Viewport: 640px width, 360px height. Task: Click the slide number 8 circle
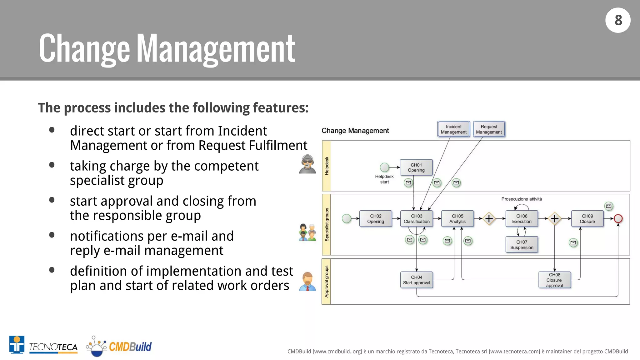click(x=618, y=20)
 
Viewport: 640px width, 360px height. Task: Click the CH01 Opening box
click(x=416, y=167)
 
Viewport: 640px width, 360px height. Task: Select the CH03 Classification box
click(x=417, y=219)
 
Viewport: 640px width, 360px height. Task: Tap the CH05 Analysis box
click(x=457, y=219)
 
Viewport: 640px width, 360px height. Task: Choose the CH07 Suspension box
click(x=522, y=245)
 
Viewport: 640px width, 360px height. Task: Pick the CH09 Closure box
click(x=587, y=219)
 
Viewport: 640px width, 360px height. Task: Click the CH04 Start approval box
click(x=417, y=280)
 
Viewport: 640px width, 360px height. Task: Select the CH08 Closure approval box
click(x=554, y=280)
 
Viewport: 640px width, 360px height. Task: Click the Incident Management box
click(x=453, y=129)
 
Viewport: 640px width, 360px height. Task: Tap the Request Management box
click(x=489, y=129)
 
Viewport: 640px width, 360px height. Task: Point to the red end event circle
click(x=618, y=218)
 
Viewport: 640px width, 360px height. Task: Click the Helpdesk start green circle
click(x=384, y=167)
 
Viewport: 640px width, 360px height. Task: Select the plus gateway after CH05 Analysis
click(x=489, y=218)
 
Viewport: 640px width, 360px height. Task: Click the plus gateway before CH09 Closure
click(x=555, y=218)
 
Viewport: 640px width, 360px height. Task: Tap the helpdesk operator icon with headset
click(x=307, y=164)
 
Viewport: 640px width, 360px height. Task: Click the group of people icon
click(x=307, y=232)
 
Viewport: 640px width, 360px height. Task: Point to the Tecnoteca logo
click(x=43, y=345)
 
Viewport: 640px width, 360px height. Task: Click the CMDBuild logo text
click(x=130, y=347)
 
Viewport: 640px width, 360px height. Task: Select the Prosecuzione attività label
click(x=522, y=199)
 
